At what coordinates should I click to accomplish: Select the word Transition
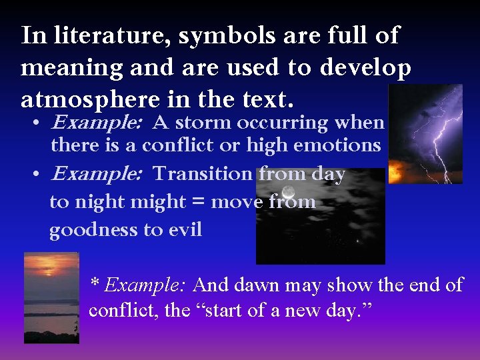point(203,174)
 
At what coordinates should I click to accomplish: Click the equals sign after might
point(198,202)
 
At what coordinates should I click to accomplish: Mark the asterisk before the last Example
point(95,284)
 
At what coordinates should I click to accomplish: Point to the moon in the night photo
point(289,192)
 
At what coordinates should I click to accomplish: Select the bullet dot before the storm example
point(39,124)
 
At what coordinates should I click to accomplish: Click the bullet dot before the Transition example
point(39,175)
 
